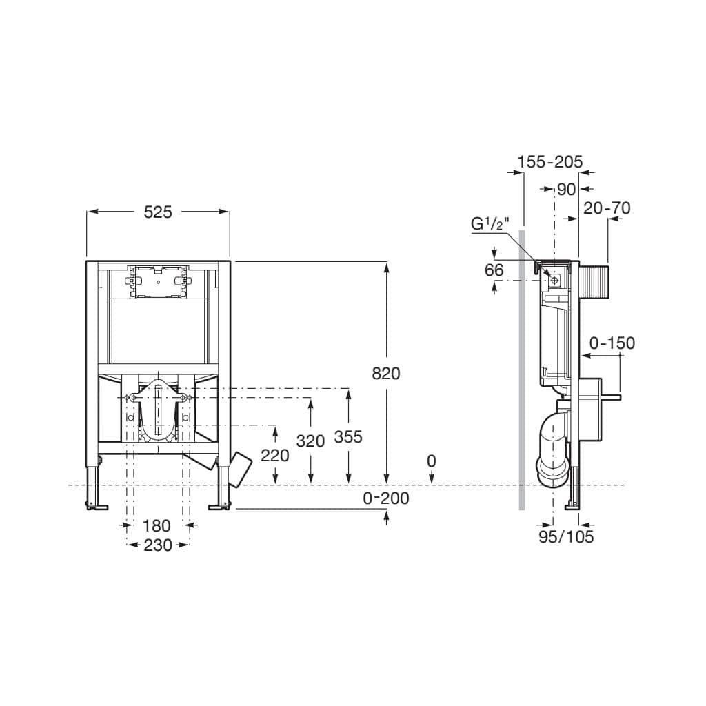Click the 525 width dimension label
click(157, 212)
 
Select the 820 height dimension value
click(385, 373)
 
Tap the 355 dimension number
click(347, 436)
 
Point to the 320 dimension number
click(310, 441)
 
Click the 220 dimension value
click(274, 454)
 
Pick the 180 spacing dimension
click(157, 525)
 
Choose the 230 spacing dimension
click(158, 545)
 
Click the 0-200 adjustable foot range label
click(386, 498)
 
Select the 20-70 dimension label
click(607, 208)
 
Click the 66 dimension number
click(494, 270)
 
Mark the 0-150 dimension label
click(612, 343)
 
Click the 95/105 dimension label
click(566, 536)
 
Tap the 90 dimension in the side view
click(566, 189)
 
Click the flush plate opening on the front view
click(158, 281)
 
